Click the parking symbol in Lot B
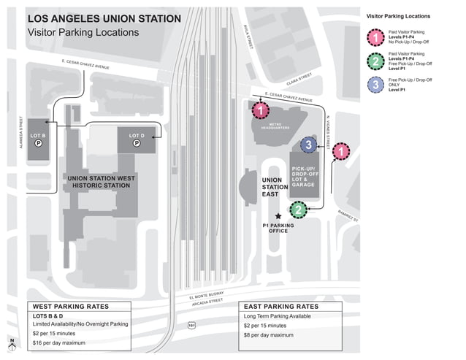pos(39,143)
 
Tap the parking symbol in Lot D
pos(136,144)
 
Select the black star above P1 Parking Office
pos(278,217)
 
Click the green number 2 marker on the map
pos(297,210)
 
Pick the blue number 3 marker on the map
pos(308,145)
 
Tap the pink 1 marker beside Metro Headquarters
pos(260,110)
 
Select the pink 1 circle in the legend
pos(375,37)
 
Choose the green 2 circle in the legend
pos(375,61)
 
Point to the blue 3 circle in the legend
pos(375,85)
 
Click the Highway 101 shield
pos(191,305)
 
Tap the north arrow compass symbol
pos(12,342)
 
